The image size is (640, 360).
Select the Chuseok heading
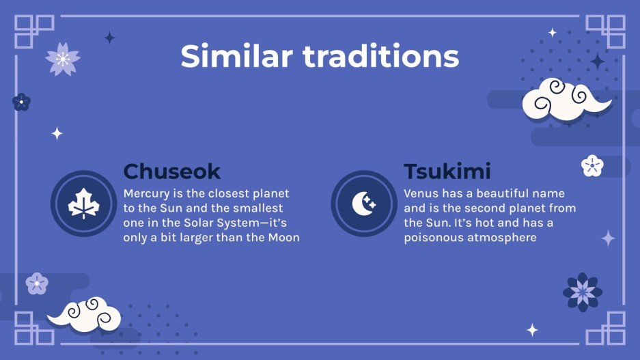(x=171, y=171)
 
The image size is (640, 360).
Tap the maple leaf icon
(x=83, y=204)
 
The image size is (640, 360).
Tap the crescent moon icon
(x=364, y=204)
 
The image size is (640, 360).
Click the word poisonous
(x=435, y=238)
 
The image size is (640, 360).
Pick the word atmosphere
(x=504, y=238)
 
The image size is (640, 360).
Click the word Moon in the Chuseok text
(x=283, y=238)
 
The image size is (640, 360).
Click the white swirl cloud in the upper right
(x=564, y=101)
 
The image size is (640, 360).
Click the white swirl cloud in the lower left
(x=86, y=314)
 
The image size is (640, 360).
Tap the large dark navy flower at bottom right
(x=583, y=292)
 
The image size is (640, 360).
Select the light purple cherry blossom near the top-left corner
(x=63, y=59)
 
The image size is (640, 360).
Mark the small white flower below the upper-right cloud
(x=592, y=165)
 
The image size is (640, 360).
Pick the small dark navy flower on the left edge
(x=21, y=102)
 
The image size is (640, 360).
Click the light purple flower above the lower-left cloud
(x=37, y=283)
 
